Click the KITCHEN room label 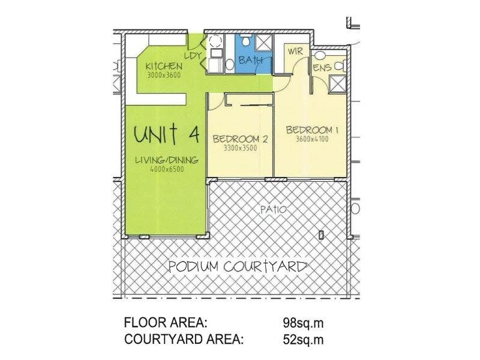point(164,66)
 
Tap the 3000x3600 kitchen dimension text point(164,75)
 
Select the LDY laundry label point(192,56)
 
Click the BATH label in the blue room point(251,61)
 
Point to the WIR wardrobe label point(295,52)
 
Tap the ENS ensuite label point(322,68)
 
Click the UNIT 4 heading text point(166,134)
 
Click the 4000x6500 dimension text point(167,169)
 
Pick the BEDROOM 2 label point(240,139)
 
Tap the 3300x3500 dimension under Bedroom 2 point(240,148)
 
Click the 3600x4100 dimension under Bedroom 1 point(312,139)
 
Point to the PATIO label point(273,210)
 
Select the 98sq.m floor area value point(303,322)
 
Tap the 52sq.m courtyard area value point(303,340)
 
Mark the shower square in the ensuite point(337,85)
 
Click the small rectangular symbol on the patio point(322,235)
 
